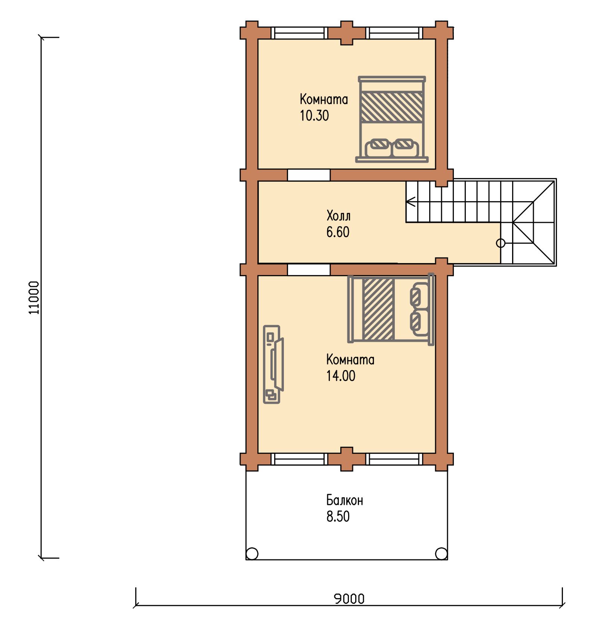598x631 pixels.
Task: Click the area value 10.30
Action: (x=314, y=116)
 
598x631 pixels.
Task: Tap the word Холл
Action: (x=338, y=216)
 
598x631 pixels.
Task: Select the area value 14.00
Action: (x=341, y=376)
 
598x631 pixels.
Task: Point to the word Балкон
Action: (x=344, y=500)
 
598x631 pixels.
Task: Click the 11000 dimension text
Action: (x=34, y=297)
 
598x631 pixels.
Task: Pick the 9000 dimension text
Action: (x=349, y=599)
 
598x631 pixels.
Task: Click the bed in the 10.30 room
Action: (x=392, y=119)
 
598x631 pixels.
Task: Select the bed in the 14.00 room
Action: (x=391, y=309)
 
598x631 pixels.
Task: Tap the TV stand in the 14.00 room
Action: (x=273, y=364)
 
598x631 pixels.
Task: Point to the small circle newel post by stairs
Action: (x=501, y=243)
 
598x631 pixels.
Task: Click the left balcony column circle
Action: (x=252, y=553)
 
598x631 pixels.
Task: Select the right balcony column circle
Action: (x=441, y=553)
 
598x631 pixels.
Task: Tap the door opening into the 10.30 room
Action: (x=309, y=175)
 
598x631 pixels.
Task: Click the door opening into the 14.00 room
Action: (x=309, y=270)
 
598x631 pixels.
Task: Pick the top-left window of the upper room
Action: (x=299, y=33)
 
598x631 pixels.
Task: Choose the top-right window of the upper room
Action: (x=394, y=33)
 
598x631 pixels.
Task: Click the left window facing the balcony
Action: (x=299, y=459)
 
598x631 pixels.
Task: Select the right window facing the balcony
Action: (x=394, y=459)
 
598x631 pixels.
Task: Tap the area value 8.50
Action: (x=338, y=516)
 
